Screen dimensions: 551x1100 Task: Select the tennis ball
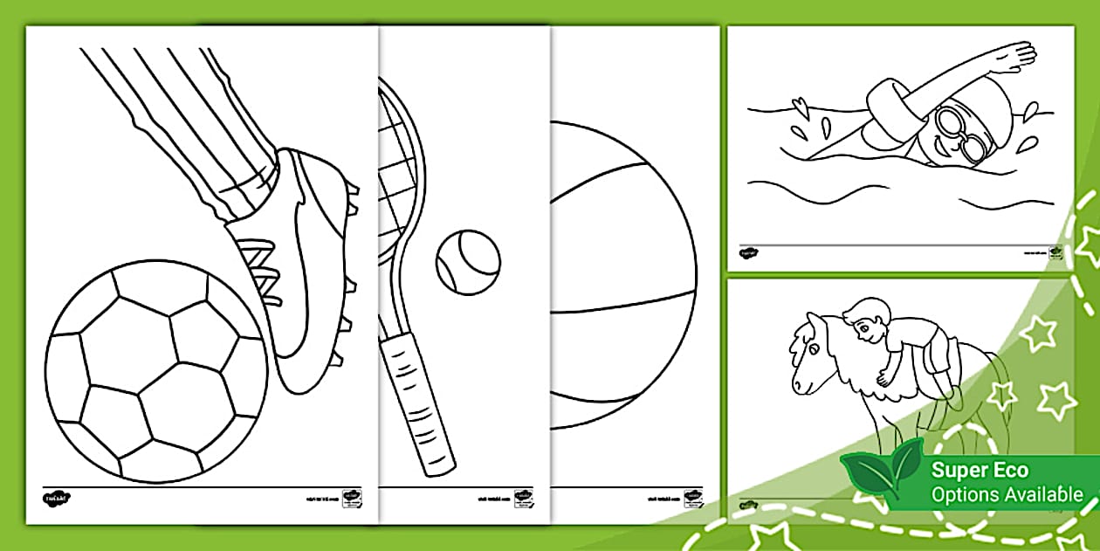[468, 261]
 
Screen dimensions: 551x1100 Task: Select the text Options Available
[1007, 495]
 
